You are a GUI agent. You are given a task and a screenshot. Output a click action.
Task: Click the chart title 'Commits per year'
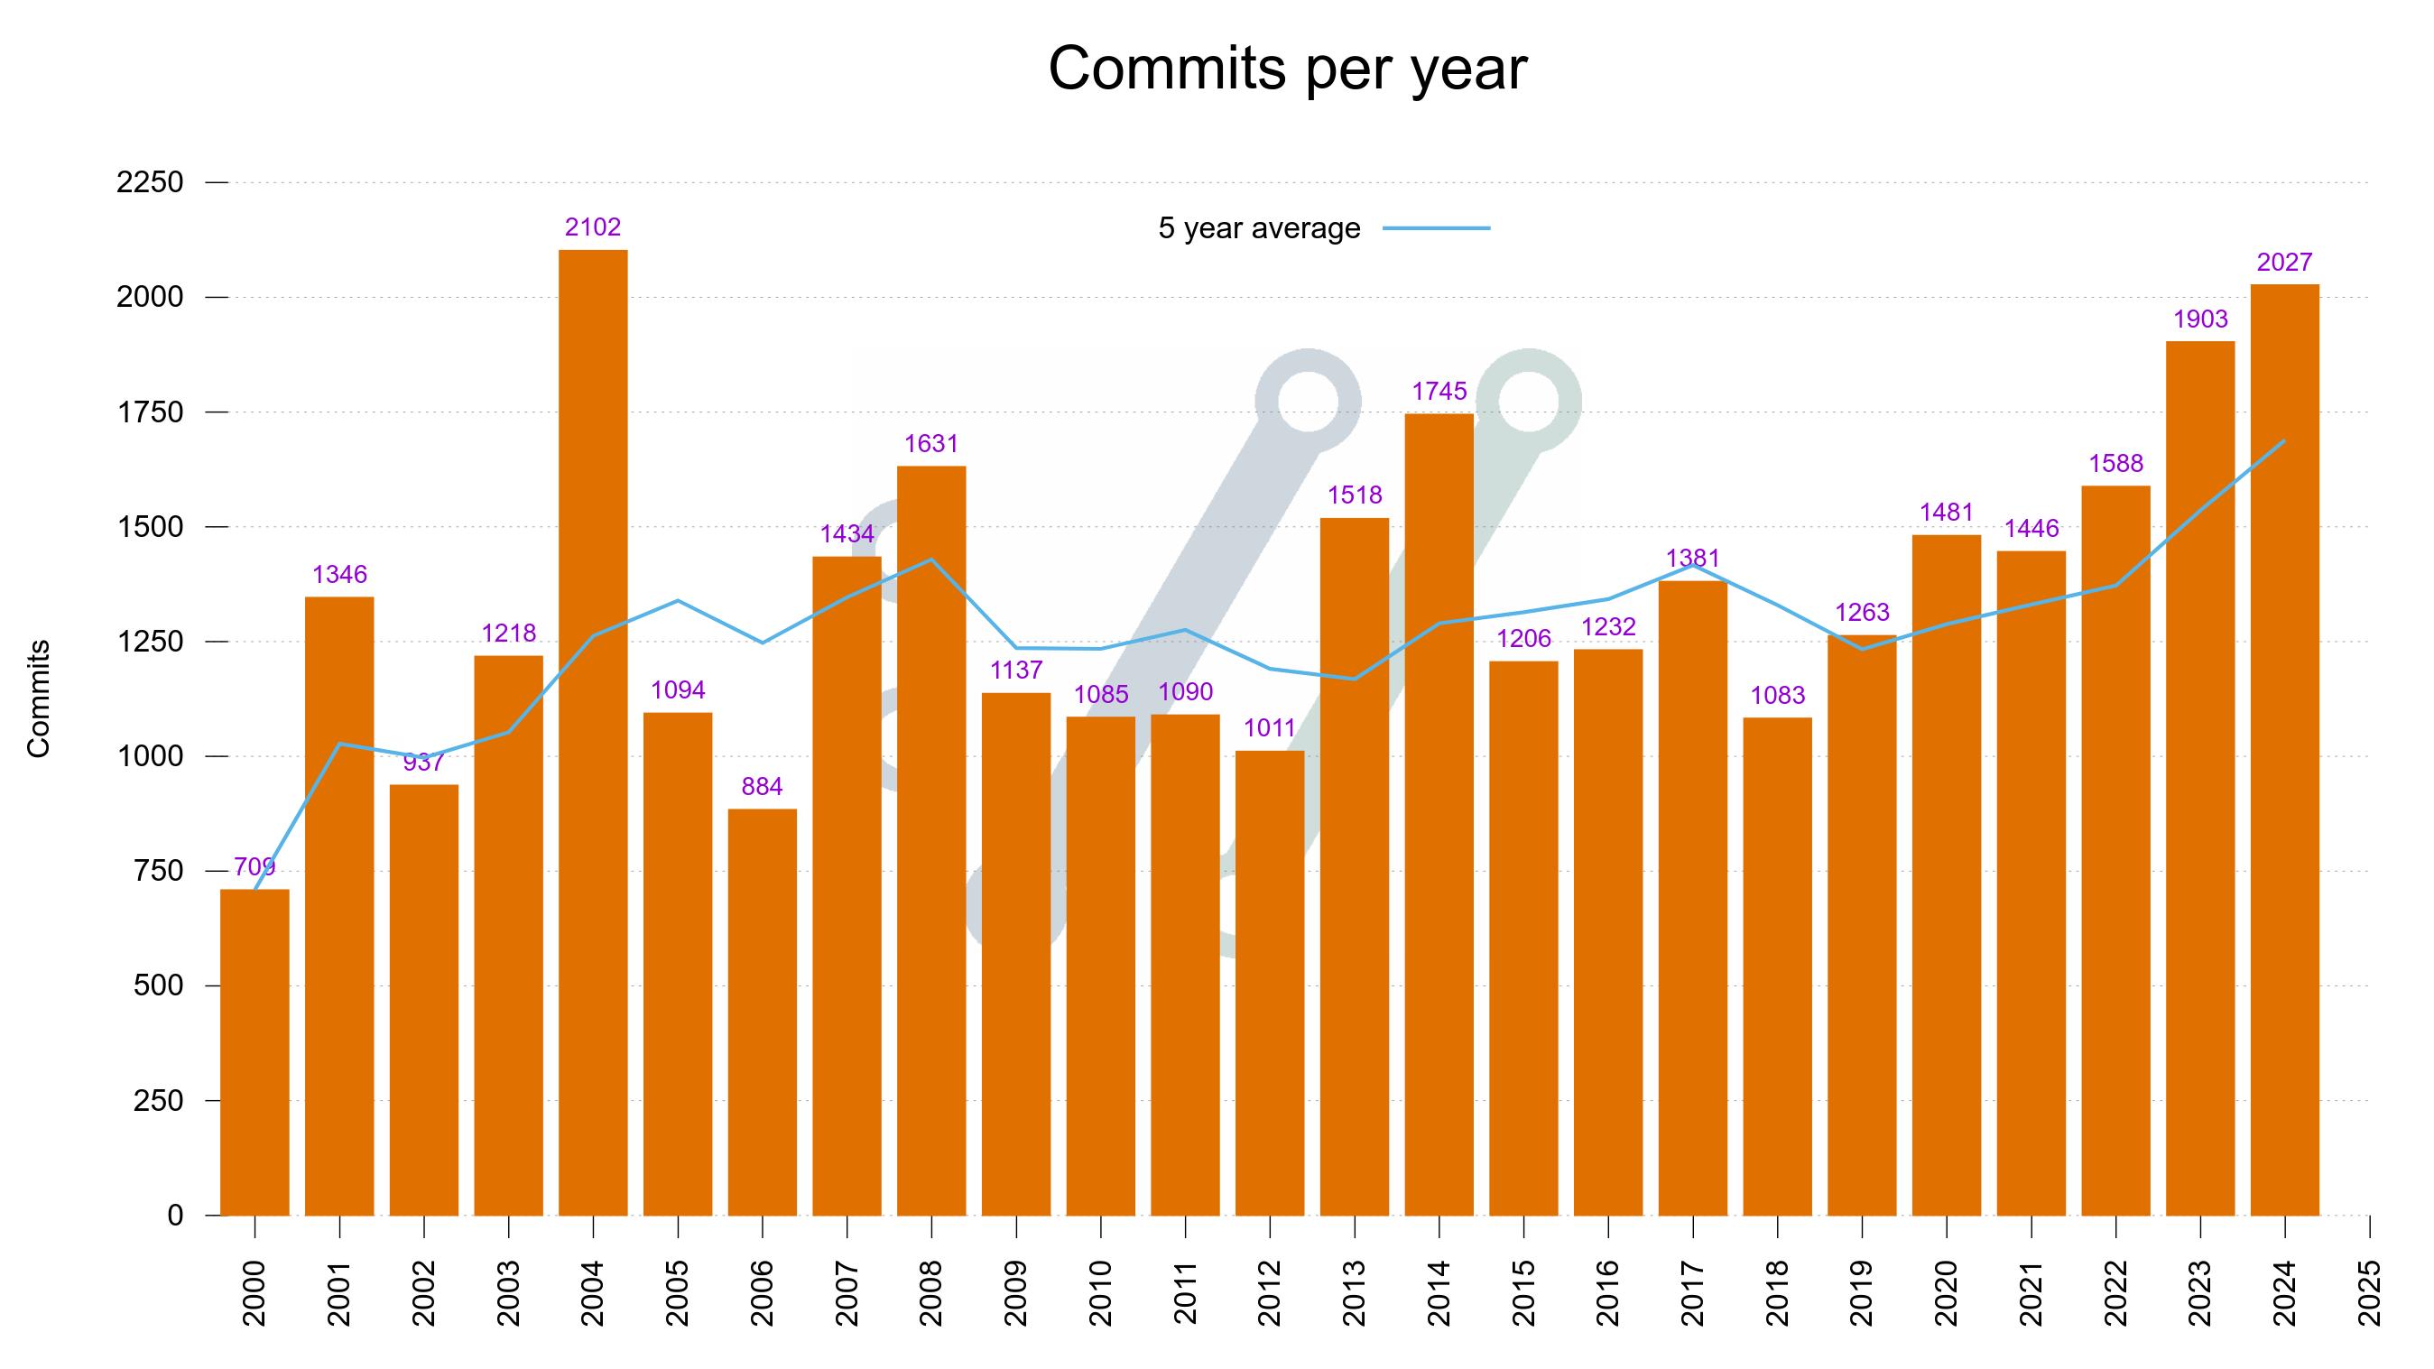point(1287,68)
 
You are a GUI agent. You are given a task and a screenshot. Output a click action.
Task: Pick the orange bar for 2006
point(762,1011)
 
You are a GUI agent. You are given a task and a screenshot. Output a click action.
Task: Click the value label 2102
point(592,227)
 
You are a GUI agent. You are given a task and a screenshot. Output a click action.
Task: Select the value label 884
point(762,786)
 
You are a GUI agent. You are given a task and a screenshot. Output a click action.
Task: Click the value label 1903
point(2199,319)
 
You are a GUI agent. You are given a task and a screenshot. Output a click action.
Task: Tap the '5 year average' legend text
point(1259,228)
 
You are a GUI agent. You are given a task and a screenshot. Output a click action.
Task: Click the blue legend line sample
point(1435,228)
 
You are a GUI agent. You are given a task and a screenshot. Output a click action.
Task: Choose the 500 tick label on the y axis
point(158,985)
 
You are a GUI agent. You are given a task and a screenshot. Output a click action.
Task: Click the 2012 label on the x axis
point(1269,1292)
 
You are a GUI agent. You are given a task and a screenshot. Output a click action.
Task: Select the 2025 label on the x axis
point(2369,1292)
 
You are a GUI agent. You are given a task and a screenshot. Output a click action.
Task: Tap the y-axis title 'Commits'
point(38,698)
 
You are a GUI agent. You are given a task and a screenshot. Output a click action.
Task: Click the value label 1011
point(1269,727)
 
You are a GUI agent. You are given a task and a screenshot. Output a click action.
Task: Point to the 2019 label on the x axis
point(1862,1292)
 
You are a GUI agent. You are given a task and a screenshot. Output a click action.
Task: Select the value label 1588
point(2115,463)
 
